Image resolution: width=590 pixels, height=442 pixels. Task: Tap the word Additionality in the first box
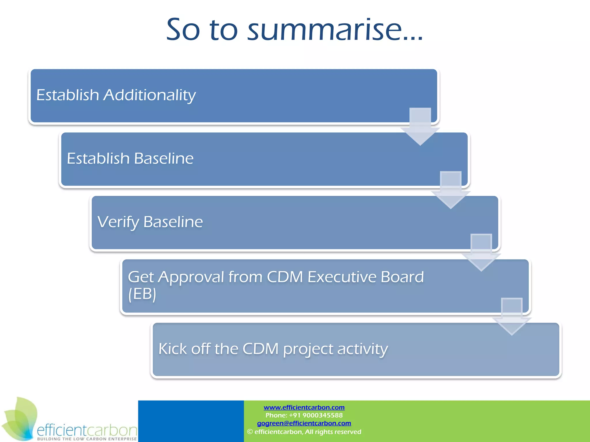pos(150,95)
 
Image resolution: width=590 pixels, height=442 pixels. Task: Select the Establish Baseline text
pos(130,159)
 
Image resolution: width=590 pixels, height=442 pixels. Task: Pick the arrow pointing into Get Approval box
pos(481,253)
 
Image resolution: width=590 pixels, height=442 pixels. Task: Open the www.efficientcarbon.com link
pos(304,407)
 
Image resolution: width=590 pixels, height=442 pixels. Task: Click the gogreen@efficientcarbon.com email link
pos(304,423)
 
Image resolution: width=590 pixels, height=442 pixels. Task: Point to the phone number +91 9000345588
pos(304,415)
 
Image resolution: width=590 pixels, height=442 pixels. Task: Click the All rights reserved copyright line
pos(304,432)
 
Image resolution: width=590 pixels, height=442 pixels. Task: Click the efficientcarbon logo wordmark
pos(86,430)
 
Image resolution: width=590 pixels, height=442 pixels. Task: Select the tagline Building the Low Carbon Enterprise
pos(86,439)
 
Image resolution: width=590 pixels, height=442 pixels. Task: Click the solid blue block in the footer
pos(191,421)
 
